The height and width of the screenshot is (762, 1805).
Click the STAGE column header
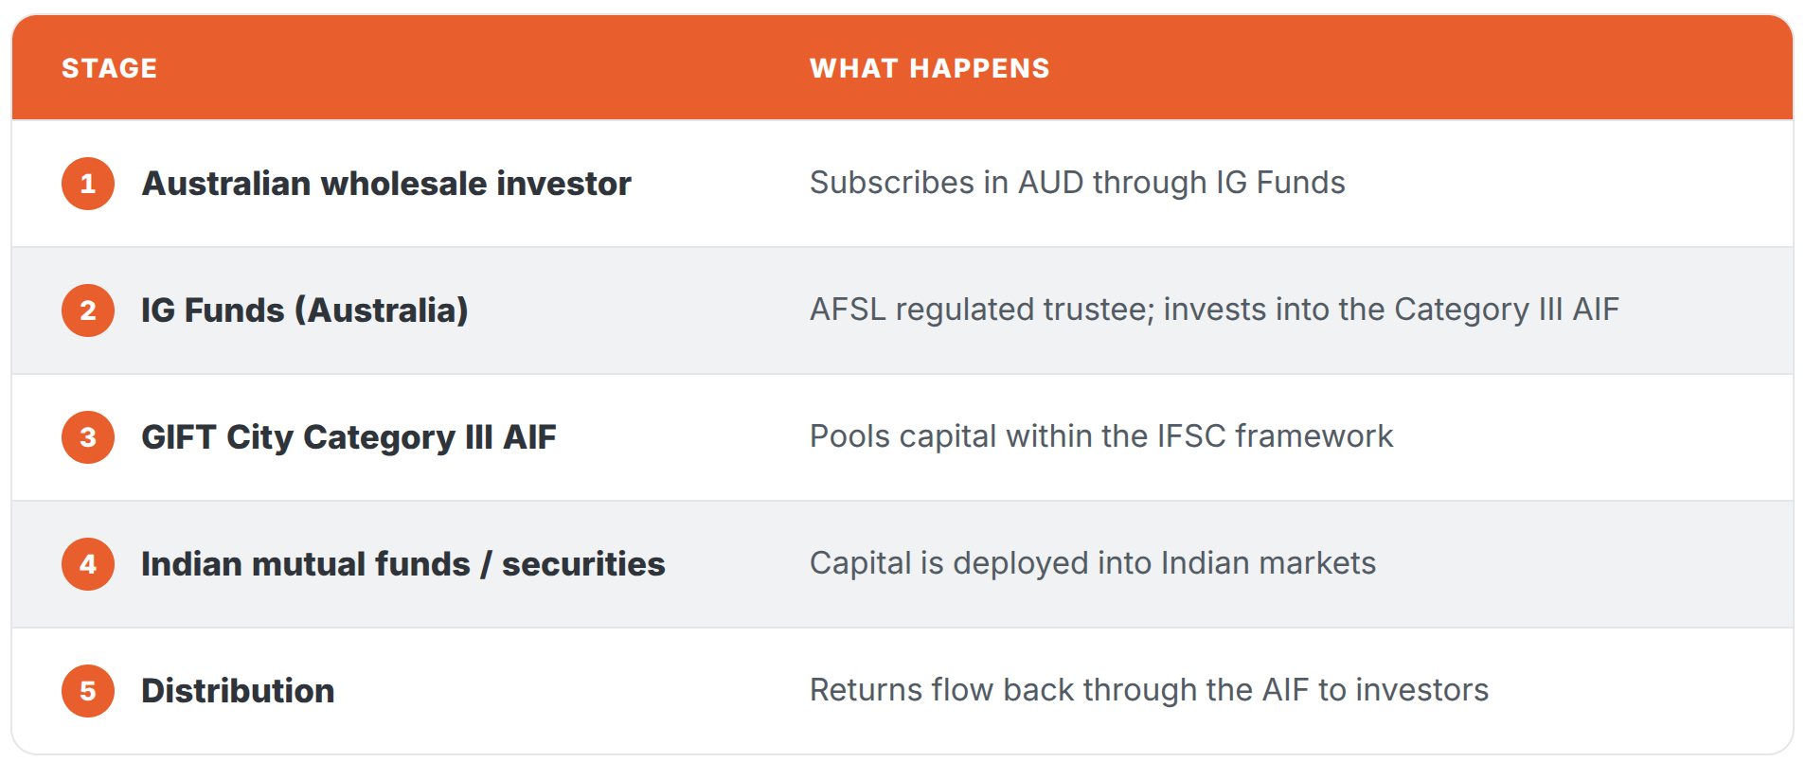click(x=109, y=68)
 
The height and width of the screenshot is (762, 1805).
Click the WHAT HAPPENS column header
click(x=929, y=68)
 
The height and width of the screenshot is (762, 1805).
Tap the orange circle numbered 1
click(x=88, y=184)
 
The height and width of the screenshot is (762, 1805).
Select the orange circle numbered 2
click(x=88, y=310)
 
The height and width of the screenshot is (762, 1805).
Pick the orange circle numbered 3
click(x=88, y=437)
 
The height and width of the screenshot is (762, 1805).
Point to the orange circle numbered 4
click(x=88, y=564)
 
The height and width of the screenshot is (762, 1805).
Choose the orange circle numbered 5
click(x=88, y=691)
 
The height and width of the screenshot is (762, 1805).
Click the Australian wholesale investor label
click(x=386, y=184)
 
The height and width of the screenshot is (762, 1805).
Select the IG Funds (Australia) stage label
click(x=305, y=310)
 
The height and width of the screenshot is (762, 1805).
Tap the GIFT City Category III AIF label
click(x=348, y=437)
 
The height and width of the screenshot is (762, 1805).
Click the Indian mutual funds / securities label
click(x=403, y=564)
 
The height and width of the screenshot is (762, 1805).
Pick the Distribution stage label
click(x=238, y=691)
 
